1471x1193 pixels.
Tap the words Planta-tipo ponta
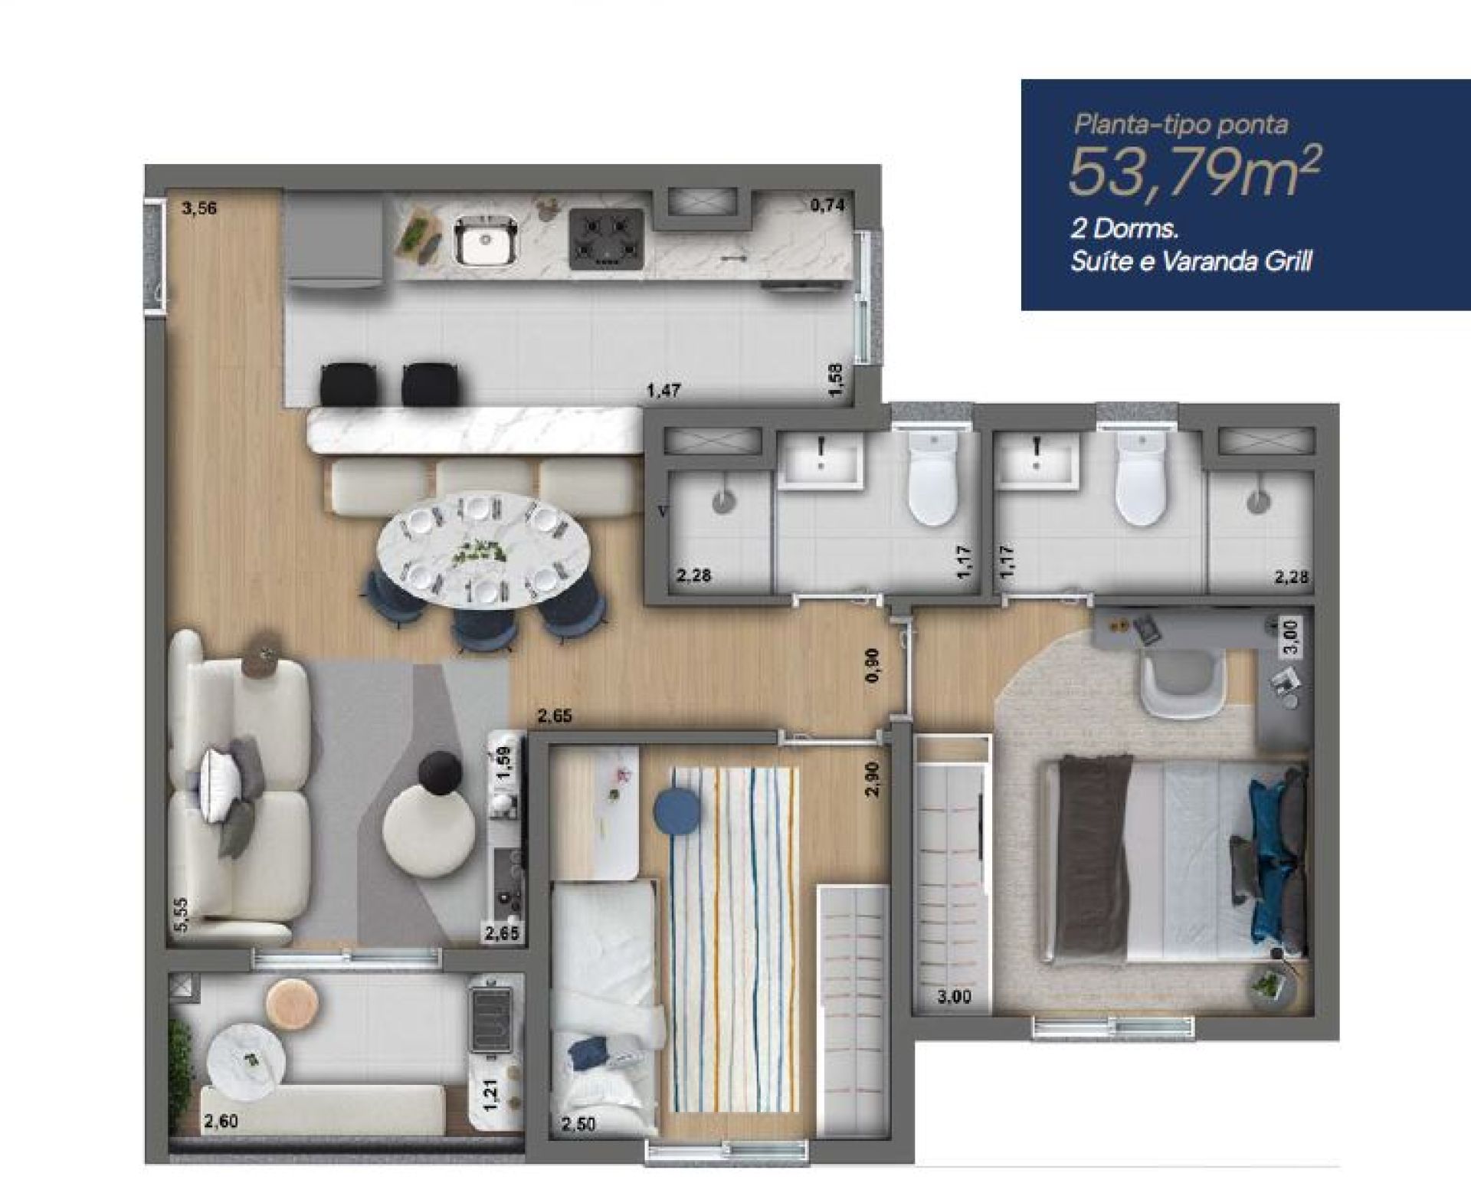tap(1181, 125)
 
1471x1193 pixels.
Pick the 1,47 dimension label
tap(663, 391)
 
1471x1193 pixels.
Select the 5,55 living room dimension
tap(181, 914)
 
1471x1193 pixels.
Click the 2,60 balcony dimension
tap(221, 1122)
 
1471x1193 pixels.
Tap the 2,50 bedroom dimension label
tap(578, 1126)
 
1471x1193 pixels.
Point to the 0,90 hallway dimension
tap(875, 666)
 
